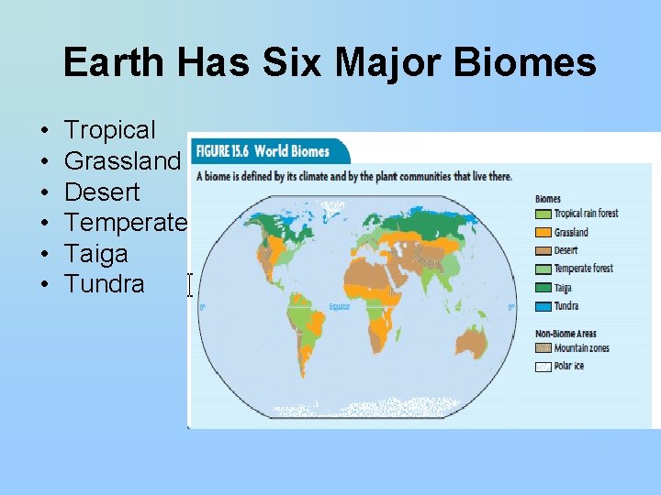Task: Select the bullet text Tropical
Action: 110,130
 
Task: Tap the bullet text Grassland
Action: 123,161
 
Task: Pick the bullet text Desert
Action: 102,192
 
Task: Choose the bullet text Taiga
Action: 95,253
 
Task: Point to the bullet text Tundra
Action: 104,284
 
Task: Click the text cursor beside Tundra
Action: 190,285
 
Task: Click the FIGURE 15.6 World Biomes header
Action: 268,150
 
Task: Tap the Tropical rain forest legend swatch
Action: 543,214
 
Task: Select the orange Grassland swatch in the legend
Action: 543,232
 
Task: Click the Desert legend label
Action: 566,250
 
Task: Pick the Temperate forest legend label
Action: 584,269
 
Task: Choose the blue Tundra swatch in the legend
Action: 543,305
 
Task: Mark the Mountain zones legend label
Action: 581,348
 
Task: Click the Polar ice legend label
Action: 569,367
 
